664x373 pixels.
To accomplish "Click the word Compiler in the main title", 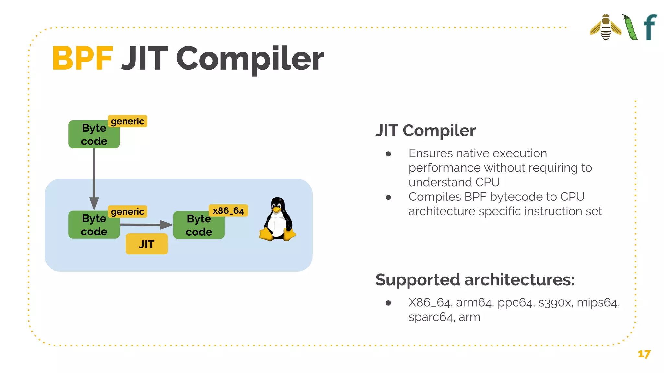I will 250,59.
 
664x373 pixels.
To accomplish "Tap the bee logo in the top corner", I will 605,28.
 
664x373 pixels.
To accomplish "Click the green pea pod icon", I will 630,28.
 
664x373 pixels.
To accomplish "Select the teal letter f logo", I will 650,27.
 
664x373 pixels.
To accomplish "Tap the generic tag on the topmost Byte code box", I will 127,121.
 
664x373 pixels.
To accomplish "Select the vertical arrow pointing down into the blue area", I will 94,178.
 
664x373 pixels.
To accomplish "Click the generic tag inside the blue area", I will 127,212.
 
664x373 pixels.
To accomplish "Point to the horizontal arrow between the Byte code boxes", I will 146,224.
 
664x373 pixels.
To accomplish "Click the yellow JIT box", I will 147,244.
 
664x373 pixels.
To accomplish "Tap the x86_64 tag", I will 228,211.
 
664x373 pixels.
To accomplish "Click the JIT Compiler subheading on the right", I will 425,130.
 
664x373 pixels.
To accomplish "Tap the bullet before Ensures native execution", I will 388,154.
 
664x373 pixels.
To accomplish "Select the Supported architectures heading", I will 475,279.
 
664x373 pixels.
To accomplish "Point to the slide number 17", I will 644,354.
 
